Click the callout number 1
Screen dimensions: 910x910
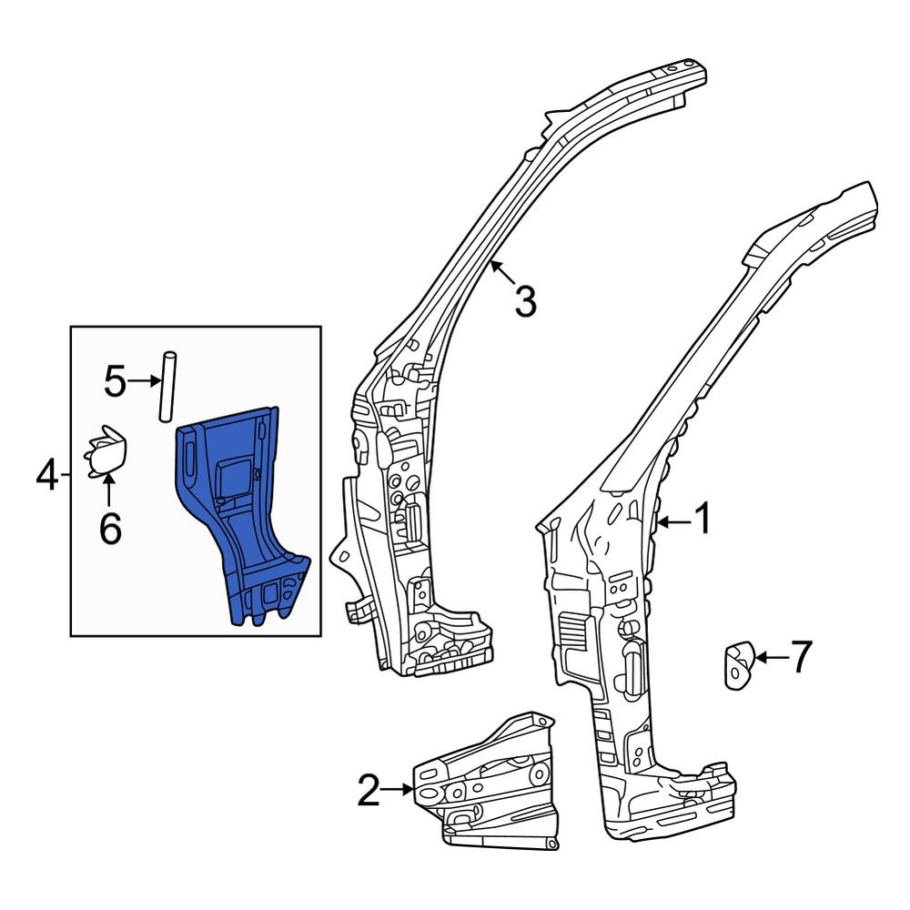click(x=703, y=519)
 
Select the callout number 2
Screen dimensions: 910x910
click(x=369, y=790)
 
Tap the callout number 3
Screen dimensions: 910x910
click(x=525, y=302)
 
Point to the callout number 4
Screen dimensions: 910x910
click(x=47, y=475)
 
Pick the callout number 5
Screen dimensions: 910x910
click(x=115, y=381)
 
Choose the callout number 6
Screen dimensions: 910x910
click(x=110, y=529)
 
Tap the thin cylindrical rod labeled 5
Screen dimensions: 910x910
click(x=167, y=386)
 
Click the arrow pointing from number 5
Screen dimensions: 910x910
click(x=144, y=380)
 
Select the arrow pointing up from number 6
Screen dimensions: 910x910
click(x=108, y=491)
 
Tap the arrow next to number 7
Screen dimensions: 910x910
click(x=771, y=658)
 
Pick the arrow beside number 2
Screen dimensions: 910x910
click(x=399, y=789)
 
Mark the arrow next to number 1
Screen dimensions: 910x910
click(x=673, y=522)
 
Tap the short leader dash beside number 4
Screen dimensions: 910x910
click(x=65, y=475)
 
